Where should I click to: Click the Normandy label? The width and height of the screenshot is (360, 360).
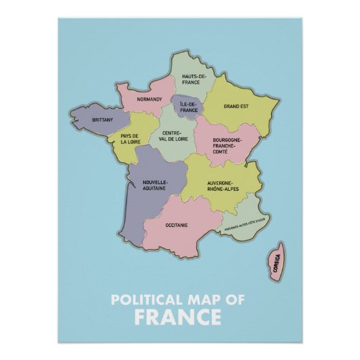coord(149,99)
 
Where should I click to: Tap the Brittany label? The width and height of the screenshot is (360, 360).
coord(103,120)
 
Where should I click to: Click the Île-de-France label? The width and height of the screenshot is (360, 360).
coord(189,107)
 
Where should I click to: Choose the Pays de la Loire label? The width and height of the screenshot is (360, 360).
coord(130,139)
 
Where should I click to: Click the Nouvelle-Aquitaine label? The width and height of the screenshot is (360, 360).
coord(154,188)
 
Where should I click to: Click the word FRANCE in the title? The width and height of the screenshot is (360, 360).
coord(177,317)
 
